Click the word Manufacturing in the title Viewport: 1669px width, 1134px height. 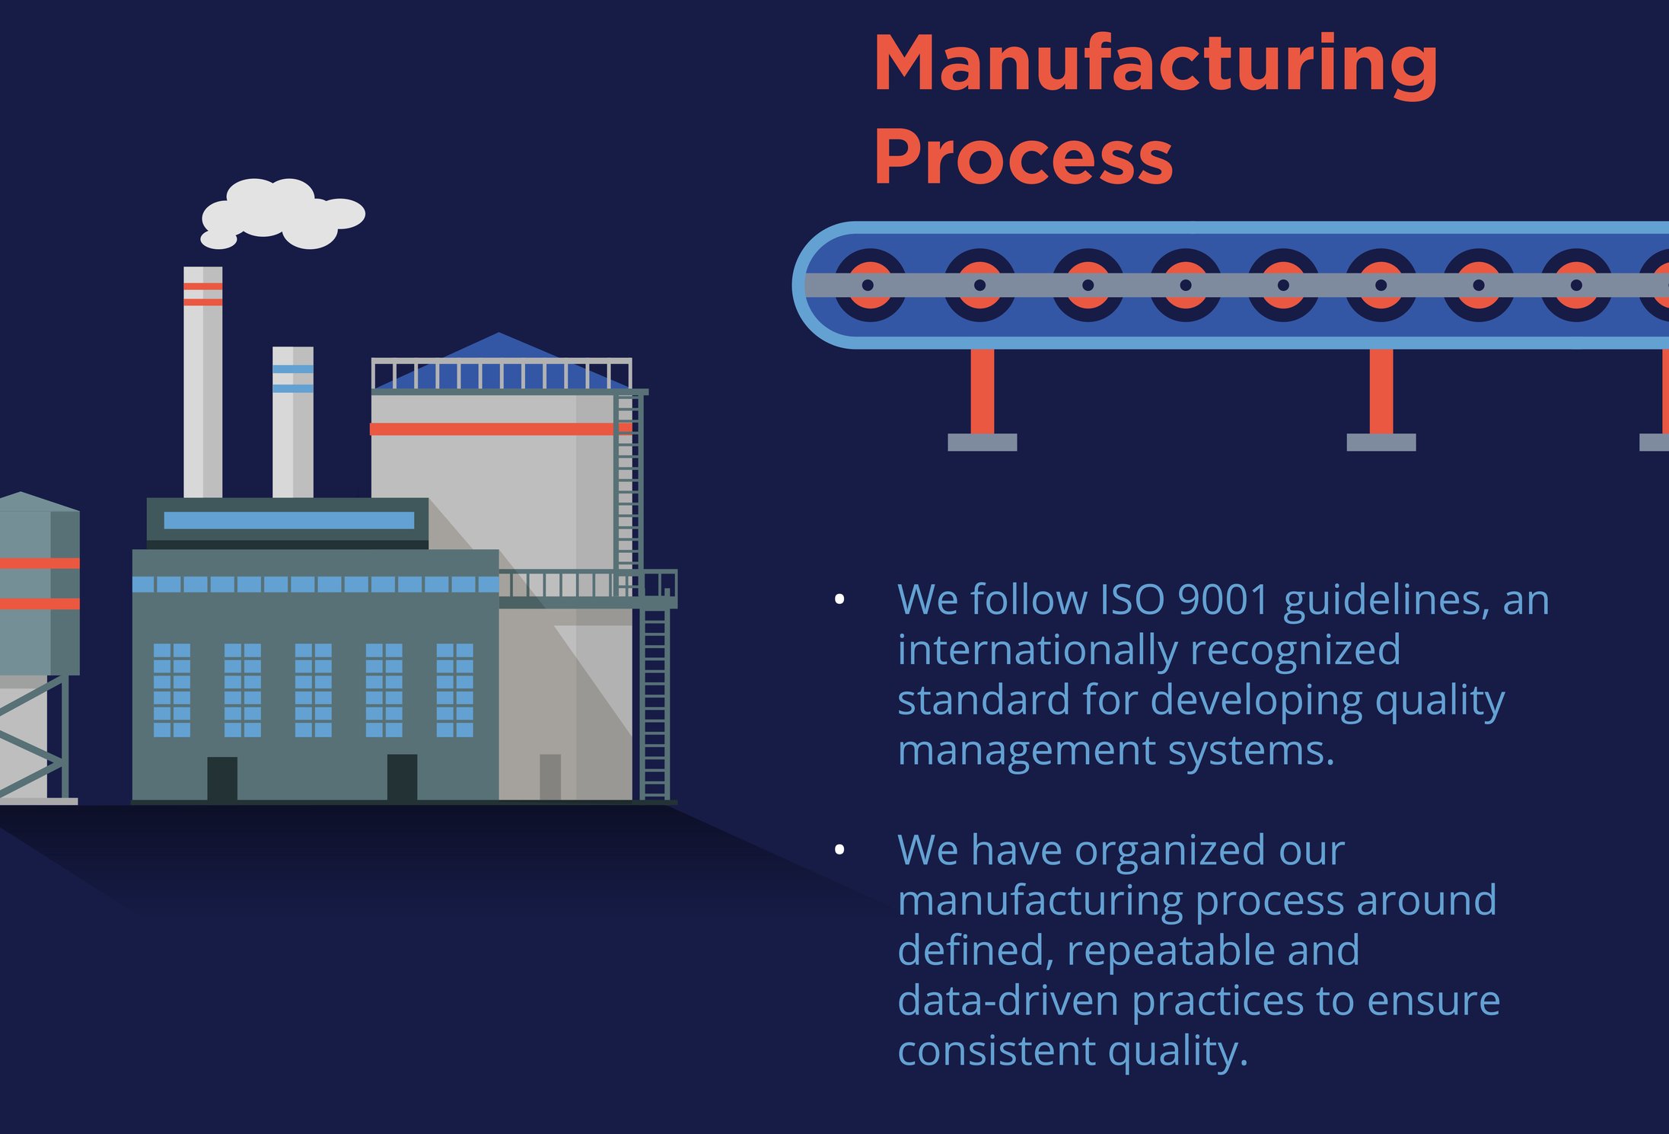click(x=1155, y=65)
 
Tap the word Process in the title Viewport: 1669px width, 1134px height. click(x=1023, y=157)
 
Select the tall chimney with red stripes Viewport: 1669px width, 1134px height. click(x=202, y=381)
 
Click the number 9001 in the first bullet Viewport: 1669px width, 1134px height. click(x=1223, y=599)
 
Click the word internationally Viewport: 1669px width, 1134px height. click(x=1037, y=650)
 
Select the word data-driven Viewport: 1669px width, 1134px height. click(x=1008, y=1000)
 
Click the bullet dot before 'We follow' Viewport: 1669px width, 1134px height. click(x=839, y=599)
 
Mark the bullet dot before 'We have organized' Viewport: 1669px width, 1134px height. click(x=839, y=849)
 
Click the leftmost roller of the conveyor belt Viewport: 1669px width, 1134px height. click(x=868, y=285)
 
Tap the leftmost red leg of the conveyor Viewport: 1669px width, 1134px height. click(x=982, y=391)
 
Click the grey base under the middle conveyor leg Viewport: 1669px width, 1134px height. click(x=1381, y=442)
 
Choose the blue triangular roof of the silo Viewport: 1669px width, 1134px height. click(x=498, y=358)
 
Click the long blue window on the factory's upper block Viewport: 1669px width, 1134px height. click(x=288, y=520)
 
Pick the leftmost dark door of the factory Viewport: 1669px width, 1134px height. click(x=221, y=778)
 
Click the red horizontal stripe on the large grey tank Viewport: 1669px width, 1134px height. click(x=495, y=429)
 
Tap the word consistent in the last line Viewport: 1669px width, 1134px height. click(x=996, y=1050)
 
